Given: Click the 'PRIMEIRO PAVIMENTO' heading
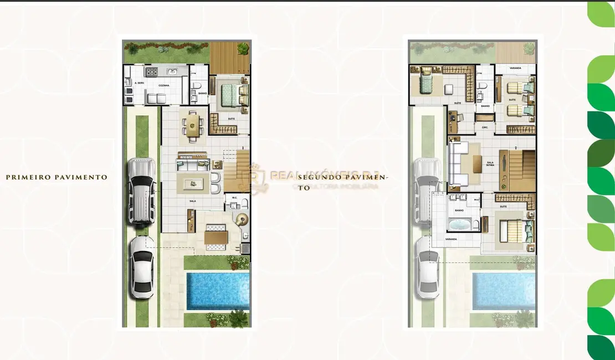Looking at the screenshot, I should (57, 177).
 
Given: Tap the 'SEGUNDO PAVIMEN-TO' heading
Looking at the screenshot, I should (343, 178).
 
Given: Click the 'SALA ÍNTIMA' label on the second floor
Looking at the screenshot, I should (490, 164).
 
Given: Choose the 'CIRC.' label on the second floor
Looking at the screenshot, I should (485, 127).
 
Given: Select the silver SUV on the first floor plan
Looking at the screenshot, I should (141, 191).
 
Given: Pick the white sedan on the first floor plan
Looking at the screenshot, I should (142, 269).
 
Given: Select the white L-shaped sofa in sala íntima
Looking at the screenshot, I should (460, 164).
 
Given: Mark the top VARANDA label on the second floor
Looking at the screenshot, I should (515, 68).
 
